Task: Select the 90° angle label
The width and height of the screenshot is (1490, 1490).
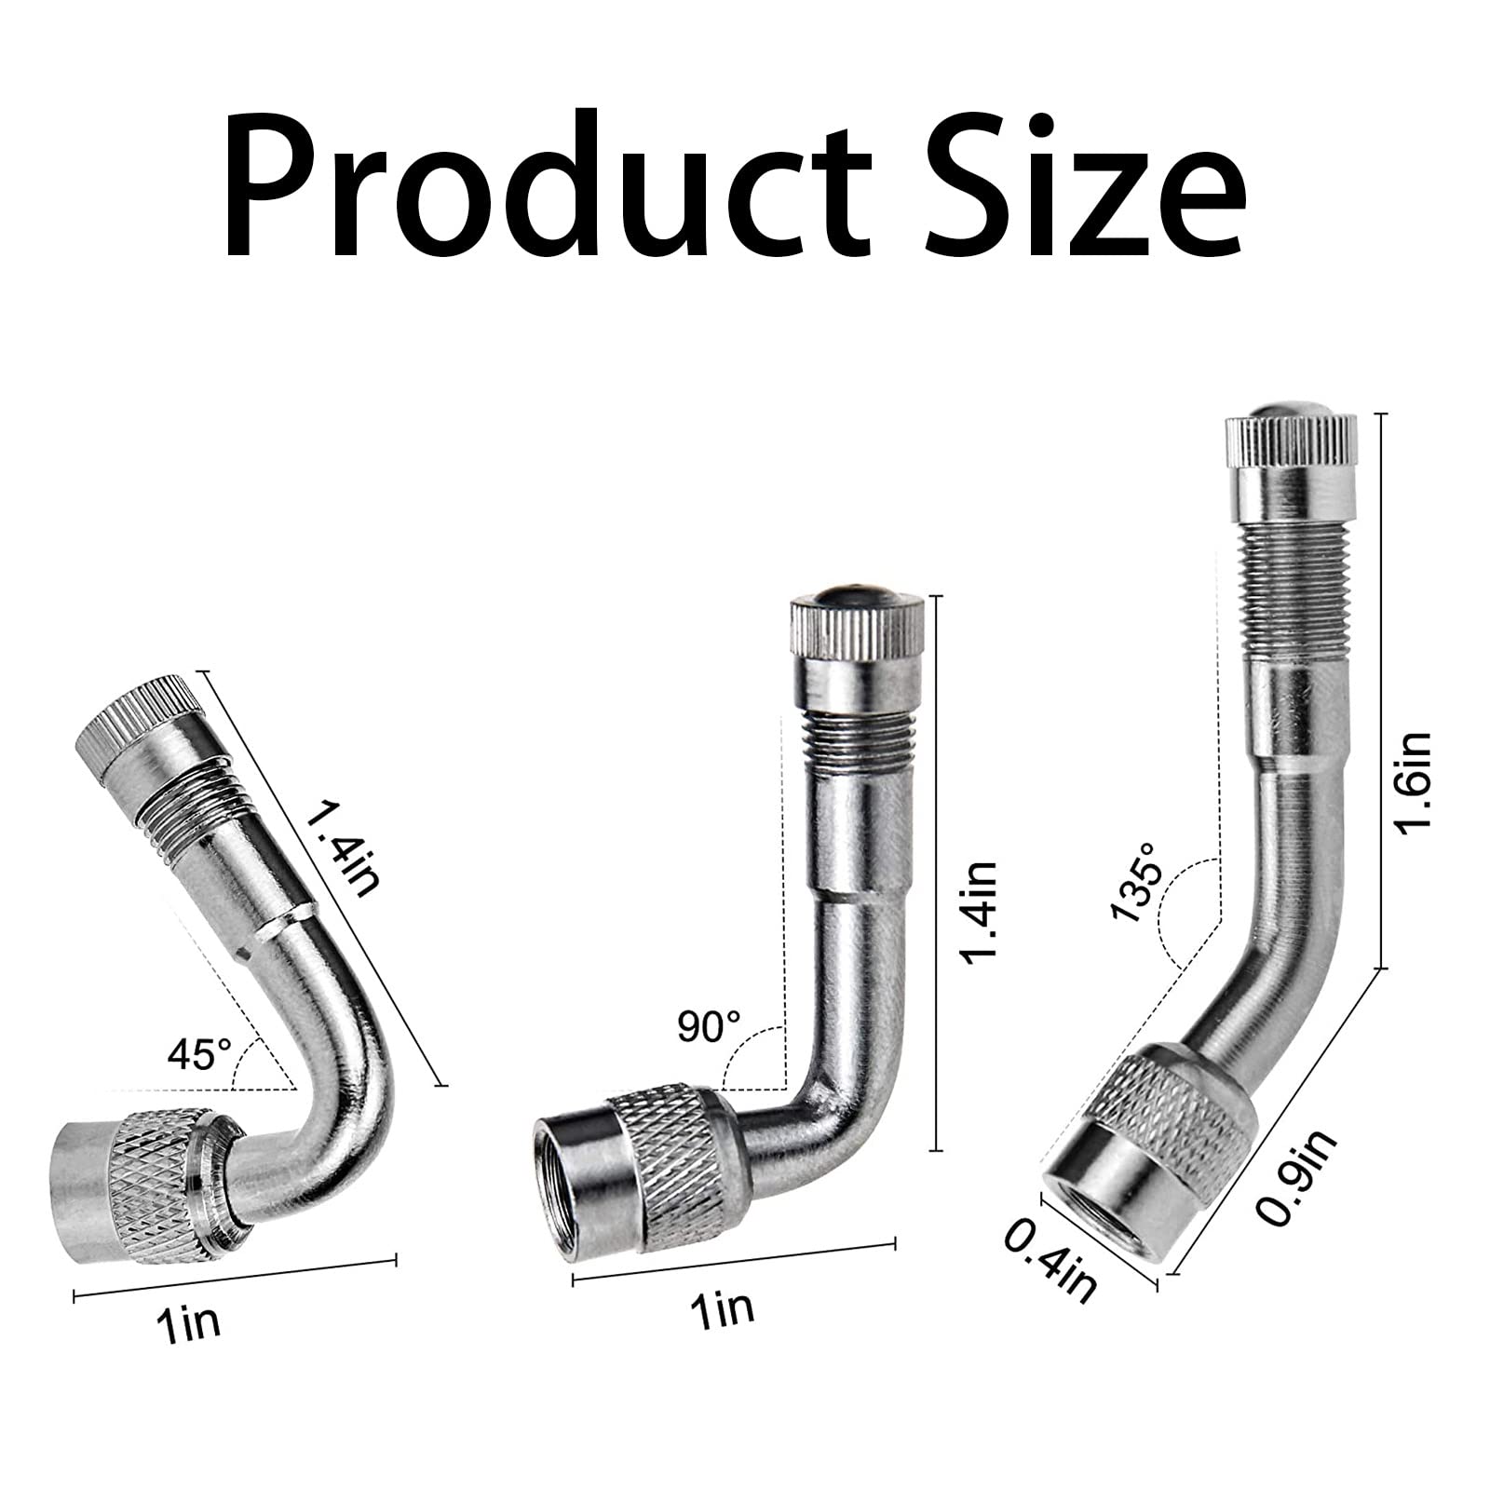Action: point(710,1027)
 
